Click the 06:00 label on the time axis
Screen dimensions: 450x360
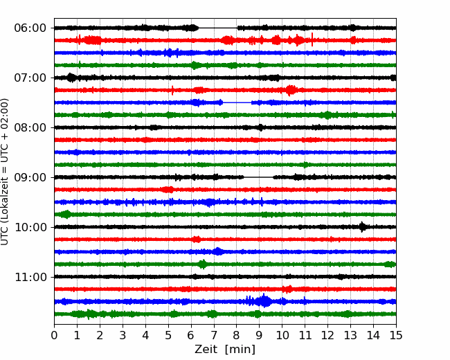coord(30,28)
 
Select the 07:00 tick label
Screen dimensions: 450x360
coord(30,78)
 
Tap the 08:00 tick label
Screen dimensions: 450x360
coord(30,127)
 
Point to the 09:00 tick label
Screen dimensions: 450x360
coord(30,177)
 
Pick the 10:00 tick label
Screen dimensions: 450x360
coord(30,227)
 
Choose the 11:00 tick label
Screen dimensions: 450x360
coord(30,277)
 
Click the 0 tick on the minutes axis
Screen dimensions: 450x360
coord(54,335)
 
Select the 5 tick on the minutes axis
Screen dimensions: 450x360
coord(168,335)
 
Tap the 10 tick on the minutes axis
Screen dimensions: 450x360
coord(282,335)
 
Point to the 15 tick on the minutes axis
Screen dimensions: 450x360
coord(396,335)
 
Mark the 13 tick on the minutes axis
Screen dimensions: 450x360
coord(350,335)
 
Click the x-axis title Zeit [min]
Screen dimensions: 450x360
coord(225,349)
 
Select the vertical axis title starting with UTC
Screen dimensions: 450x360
coord(5,172)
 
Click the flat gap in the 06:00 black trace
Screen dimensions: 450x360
coord(218,28)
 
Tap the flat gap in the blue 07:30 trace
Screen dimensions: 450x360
coord(237,102)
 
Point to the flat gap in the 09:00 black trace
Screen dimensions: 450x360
coord(258,177)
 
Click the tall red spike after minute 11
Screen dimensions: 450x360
coord(312,39)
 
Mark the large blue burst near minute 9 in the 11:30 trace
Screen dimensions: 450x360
coord(264,301)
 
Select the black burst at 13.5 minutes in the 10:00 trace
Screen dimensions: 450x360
coord(363,227)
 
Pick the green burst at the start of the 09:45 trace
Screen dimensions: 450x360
coord(66,214)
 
